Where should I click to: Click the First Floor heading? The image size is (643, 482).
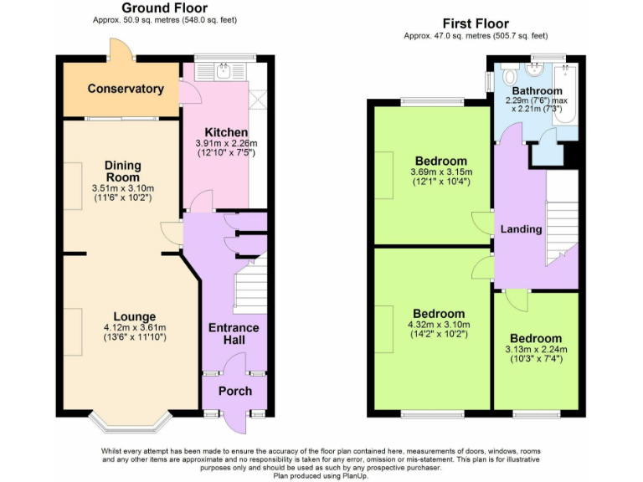[x=474, y=23]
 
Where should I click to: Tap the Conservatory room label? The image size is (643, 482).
[x=126, y=89]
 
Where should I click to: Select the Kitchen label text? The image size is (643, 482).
[x=226, y=132]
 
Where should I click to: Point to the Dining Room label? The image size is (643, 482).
[x=123, y=172]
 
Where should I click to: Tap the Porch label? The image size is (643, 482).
[x=235, y=391]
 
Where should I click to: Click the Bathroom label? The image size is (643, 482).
[x=537, y=90]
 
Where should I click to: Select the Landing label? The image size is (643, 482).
[x=521, y=229]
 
